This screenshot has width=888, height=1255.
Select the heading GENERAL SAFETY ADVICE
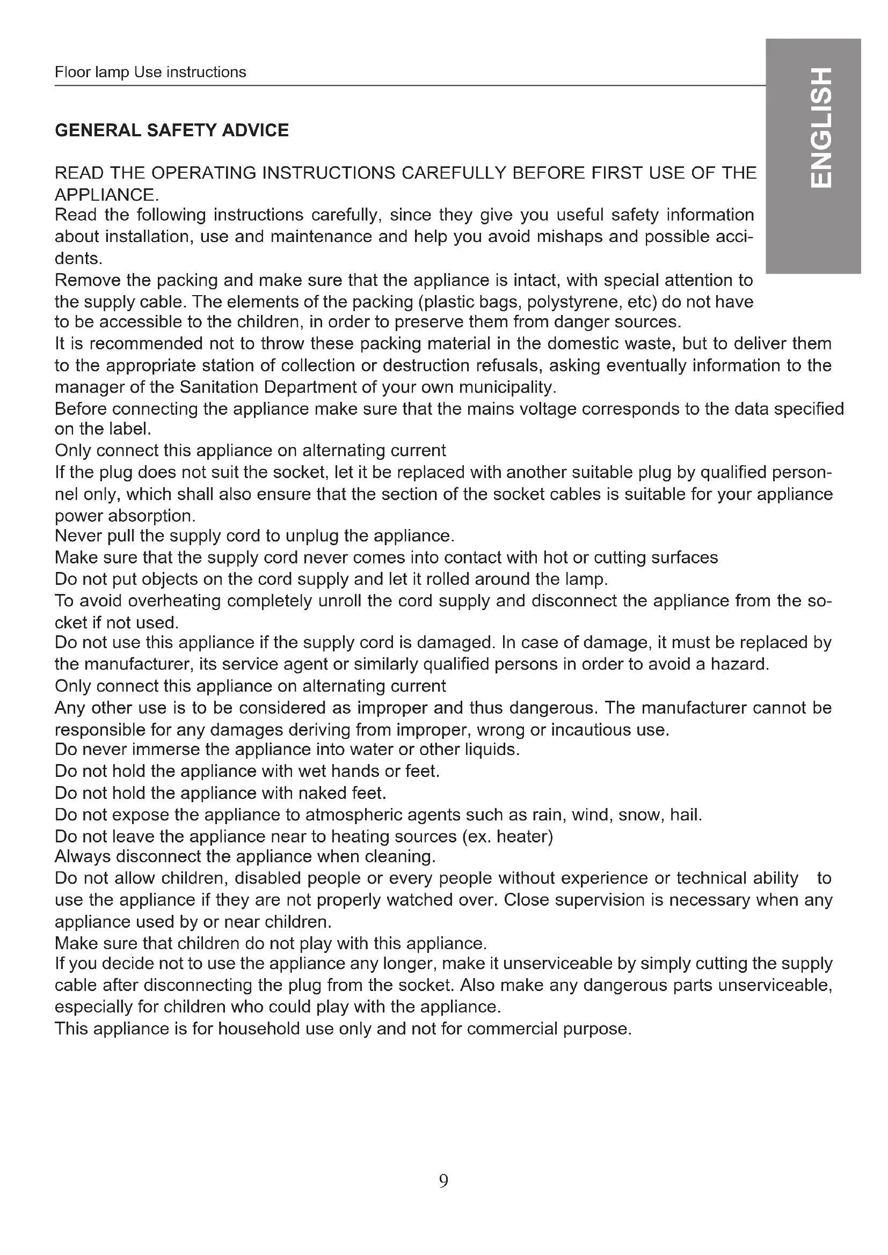point(172,130)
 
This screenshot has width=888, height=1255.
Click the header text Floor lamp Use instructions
point(150,72)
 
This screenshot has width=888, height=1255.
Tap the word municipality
point(507,387)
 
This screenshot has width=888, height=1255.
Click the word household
point(260,1029)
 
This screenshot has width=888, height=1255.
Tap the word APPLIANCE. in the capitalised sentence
point(107,195)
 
